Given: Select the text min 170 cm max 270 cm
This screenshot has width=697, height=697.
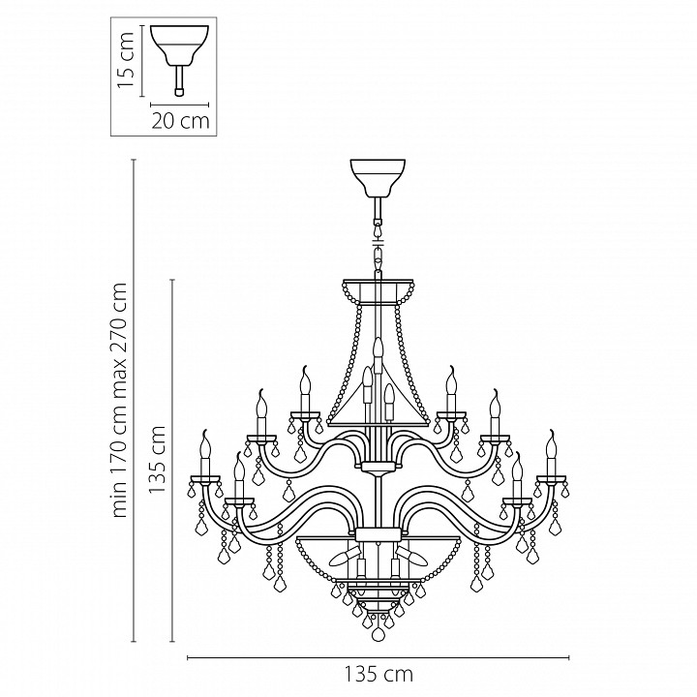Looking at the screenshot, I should (120, 400).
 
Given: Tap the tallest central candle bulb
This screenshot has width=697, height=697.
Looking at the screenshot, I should (378, 352).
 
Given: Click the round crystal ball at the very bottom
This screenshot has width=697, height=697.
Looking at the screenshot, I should (379, 636).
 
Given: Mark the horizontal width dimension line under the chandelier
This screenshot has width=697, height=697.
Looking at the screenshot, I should (379, 657).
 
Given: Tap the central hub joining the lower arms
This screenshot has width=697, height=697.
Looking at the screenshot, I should (378, 533).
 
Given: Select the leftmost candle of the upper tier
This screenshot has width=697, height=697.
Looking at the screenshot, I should (259, 412).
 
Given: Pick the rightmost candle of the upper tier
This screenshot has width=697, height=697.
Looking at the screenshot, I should (496, 412).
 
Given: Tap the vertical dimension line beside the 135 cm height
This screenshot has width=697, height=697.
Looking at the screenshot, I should (172, 461).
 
